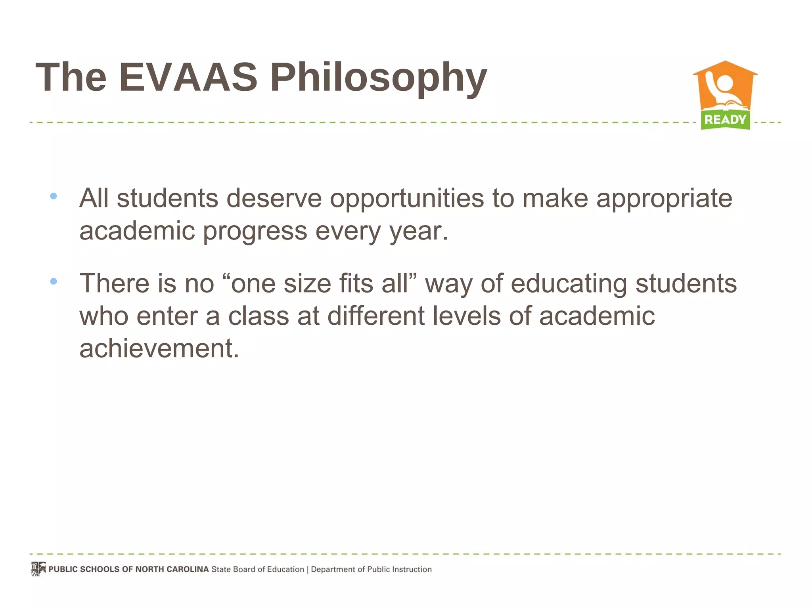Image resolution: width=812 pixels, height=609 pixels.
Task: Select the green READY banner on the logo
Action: click(725, 119)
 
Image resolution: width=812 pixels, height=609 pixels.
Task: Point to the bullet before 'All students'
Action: click(54, 196)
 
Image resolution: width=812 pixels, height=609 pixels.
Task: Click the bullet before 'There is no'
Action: click(54, 282)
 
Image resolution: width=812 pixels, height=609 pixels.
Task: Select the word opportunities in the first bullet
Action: click(407, 198)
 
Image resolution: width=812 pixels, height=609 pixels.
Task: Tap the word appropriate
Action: click(665, 199)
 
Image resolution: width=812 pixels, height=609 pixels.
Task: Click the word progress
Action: click(255, 231)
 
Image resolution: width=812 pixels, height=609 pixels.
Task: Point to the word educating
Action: click(569, 284)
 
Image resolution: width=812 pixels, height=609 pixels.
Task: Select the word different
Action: click(376, 316)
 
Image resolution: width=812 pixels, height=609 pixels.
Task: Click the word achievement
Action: click(159, 349)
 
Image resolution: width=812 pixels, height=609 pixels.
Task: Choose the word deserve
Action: click(274, 198)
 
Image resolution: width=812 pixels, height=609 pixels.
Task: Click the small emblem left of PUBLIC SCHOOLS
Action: click(38, 569)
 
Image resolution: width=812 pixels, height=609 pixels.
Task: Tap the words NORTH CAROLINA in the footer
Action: click(172, 569)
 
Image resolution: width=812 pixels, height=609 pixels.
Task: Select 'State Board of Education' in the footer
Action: click(258, 569)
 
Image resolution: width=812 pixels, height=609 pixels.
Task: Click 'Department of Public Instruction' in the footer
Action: click(371, 569)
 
